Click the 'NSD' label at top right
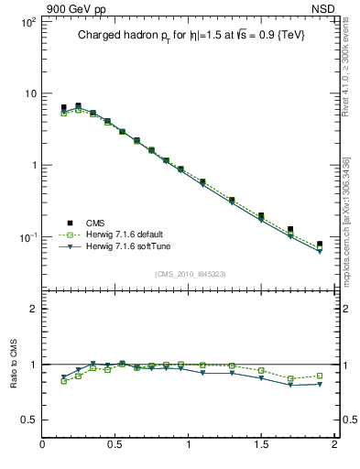point(323,8)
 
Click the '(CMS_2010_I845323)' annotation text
point(190,274)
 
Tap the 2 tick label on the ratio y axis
point(32,309)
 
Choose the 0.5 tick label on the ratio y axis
point(28,420)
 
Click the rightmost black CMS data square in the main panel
point(320,245)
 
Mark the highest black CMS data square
point(78,106)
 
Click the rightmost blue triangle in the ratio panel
point(320,384)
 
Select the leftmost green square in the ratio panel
point(63,381)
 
